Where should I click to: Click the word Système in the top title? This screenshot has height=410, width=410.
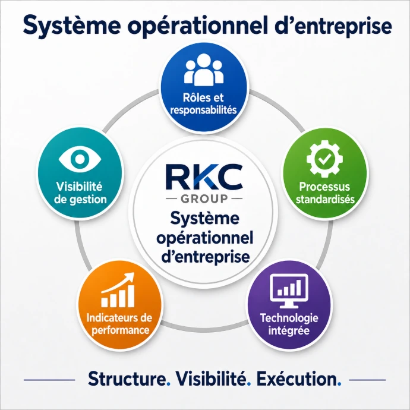coord(72,26)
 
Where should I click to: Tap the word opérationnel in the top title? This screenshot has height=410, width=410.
coord(198,26)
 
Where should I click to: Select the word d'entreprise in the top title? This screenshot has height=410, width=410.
coord(333,26)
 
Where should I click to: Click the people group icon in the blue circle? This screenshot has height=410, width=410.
coord(204,70)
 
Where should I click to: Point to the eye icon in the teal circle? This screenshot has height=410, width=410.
coord(80,159)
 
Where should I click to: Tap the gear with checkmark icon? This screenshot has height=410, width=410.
coord(324,159)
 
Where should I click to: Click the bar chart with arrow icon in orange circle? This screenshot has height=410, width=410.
coord(118,290)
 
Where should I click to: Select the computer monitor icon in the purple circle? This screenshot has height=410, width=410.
coord(289,291)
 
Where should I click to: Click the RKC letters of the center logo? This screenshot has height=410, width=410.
coord(204,176)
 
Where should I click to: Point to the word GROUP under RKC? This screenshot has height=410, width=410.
coord(204,198)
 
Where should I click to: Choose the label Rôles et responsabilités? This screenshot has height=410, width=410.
coord(203,104)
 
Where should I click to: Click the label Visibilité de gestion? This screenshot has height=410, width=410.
coord(80,193)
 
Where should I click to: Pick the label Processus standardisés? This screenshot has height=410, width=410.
coord(325,193)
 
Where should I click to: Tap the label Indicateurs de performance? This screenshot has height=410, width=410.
coord(119,324)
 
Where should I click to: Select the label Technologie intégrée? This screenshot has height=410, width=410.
coord(289,324)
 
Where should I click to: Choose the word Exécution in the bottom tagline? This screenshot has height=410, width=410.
coord(297,379)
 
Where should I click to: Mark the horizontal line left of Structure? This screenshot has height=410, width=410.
coord(49,380)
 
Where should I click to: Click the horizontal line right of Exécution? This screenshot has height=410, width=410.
coord(367,380)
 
